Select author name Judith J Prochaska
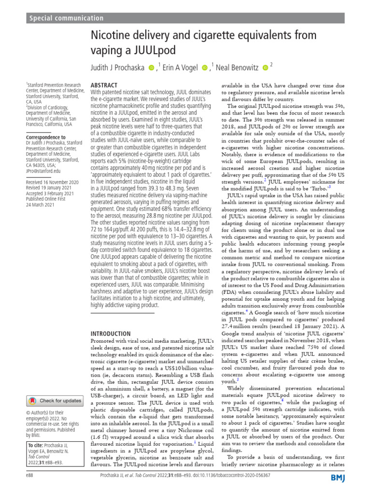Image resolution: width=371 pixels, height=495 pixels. click(118, 68)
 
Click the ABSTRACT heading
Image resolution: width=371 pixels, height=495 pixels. click(104, 85)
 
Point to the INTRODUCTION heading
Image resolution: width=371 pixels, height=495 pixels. click(112, 334)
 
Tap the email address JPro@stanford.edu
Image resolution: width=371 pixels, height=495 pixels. click(43, 171)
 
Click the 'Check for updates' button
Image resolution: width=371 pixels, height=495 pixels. click(55, 400)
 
